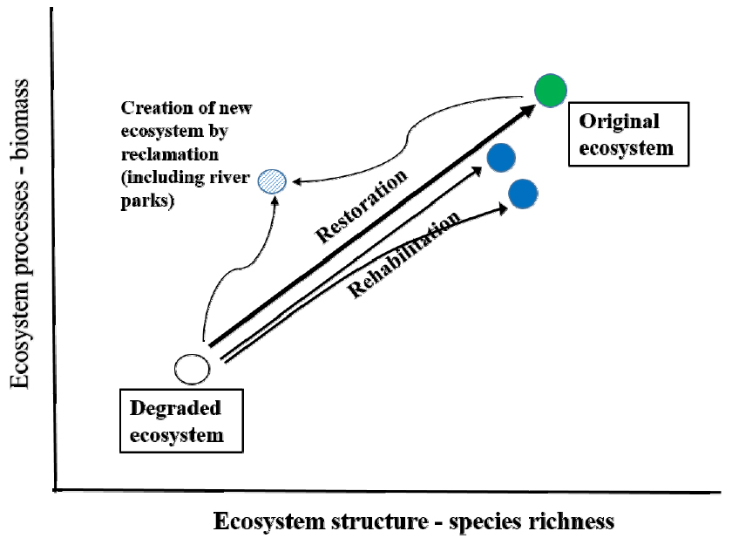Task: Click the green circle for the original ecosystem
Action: coord(551,89)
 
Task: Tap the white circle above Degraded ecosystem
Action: coord(192,369)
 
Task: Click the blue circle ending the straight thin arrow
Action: coord(502,158)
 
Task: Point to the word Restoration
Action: coord(361,207)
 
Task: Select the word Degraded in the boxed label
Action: coord(175,407)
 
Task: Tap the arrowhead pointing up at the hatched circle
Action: coord(276,199)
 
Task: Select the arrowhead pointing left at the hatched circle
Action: coord(296,182)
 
